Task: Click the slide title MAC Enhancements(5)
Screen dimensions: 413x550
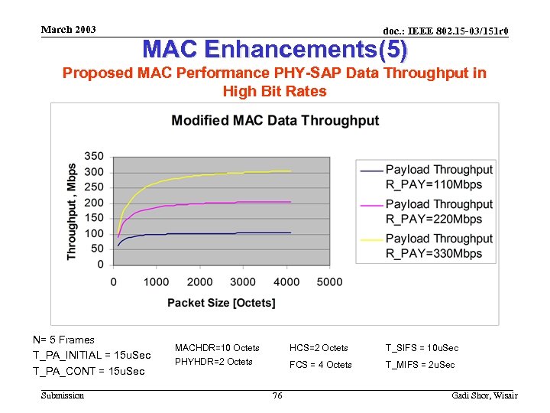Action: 275,50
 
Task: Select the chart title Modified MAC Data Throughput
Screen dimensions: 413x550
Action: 275,121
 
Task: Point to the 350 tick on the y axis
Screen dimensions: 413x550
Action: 94,157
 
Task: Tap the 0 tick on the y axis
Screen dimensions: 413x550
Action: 100,265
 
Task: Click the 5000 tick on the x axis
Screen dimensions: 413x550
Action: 329,282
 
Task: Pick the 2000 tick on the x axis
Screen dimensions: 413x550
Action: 200,282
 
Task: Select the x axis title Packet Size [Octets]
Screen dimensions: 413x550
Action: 221,303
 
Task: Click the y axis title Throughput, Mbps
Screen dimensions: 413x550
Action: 72,210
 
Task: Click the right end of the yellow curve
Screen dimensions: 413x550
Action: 291,171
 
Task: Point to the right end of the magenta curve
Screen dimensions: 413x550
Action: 291,202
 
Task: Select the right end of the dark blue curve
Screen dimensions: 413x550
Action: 291,233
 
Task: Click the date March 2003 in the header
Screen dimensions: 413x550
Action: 69,30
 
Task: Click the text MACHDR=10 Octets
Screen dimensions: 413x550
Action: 217,348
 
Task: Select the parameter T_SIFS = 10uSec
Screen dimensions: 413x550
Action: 422,348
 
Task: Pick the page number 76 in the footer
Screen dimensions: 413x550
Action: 277,395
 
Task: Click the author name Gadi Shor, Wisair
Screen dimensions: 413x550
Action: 485,395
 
